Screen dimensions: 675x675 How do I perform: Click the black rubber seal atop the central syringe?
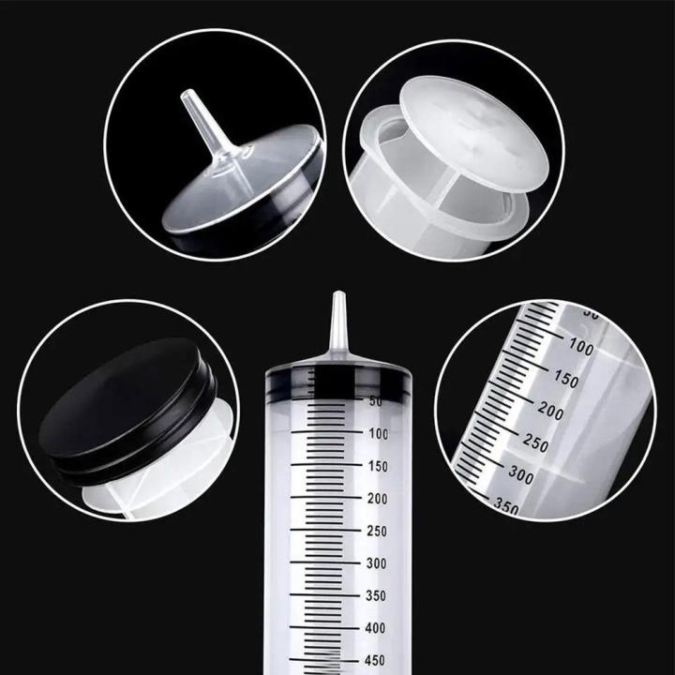[338, 377]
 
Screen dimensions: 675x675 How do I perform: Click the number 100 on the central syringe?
[378, 433]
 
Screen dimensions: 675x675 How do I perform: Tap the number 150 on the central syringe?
[378, 466]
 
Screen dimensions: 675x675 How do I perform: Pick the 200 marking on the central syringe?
[378, 498]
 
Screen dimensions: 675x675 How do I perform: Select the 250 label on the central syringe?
[378, 531]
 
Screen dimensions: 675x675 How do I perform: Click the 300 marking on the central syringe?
[378, 562]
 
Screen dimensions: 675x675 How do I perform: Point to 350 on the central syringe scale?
[378, 595]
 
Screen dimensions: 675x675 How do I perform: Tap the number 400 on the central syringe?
[378, 627]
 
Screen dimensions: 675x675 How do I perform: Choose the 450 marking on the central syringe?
[378, 659]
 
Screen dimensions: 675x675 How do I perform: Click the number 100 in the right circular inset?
[581, 344]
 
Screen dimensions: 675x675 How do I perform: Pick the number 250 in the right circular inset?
[536, 443]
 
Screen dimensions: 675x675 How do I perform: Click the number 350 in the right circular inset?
[505, 507]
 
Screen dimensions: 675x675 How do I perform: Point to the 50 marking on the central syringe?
[375, 401]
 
